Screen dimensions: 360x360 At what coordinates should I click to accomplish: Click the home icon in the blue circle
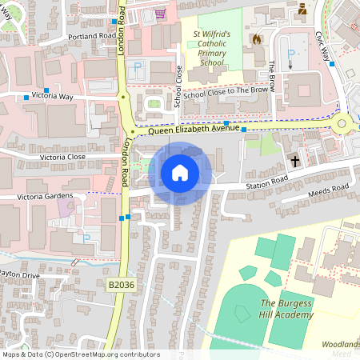pos(180,173)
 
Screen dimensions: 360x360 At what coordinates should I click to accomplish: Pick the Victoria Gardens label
pos(46,196)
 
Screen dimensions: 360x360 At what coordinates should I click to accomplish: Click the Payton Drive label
pos(19,274)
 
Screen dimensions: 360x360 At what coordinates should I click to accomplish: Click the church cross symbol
pos(294,162)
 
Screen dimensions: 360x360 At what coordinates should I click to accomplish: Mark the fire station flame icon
pos(256,38)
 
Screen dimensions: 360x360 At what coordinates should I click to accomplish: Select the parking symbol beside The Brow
pos(290,54)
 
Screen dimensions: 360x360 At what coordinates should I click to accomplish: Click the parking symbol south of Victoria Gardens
pos(86,238)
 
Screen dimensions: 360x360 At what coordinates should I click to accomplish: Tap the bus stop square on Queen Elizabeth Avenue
pos(227,123)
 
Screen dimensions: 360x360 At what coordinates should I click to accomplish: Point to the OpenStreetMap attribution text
pos(81,354)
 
